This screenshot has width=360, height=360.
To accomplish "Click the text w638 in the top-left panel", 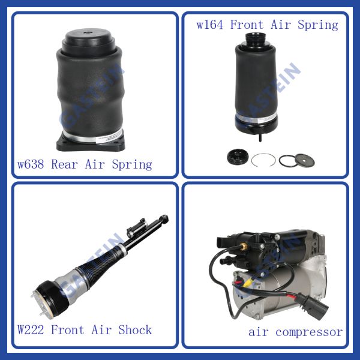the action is [x=31, y=164].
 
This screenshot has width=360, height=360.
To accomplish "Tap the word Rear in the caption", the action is [x=64, y=164].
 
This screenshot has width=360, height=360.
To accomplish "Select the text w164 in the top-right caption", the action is [x=210, y=25].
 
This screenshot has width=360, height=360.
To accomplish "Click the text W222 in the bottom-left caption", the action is [x=31, y=330].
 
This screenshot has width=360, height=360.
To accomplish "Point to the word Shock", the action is [x=135, y=330].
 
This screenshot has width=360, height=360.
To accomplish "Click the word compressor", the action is [x=309, y=332].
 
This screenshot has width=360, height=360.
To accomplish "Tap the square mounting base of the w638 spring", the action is [x=91, y=143].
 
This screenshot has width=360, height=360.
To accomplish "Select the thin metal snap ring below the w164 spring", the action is [x=263, y=160].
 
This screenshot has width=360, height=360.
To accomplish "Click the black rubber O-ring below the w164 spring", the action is [x=287, y=160].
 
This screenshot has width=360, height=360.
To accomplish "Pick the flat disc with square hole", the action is [x=304, y=160].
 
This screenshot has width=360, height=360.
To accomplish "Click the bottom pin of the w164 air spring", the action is [x=260, y=137].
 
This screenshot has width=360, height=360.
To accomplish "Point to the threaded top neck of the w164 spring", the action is [x=255, y=39].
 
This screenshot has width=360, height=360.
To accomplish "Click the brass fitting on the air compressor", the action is [x=243, y=248].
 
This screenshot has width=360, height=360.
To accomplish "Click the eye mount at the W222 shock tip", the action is [x=164, y=218].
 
